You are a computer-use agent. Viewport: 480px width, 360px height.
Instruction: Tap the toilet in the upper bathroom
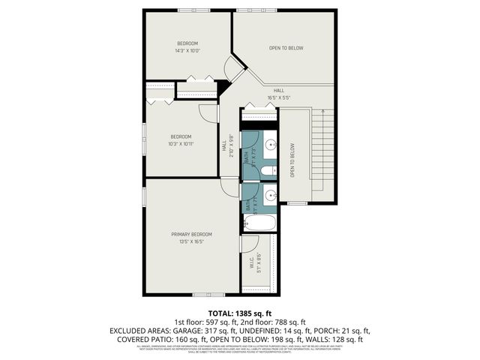point(268,172)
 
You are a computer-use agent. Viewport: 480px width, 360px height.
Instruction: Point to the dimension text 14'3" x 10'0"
point(187,52)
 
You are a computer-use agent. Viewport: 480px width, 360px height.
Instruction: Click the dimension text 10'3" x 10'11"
point(181,143)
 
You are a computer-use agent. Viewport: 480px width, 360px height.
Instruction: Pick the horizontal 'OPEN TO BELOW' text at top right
point(286,48)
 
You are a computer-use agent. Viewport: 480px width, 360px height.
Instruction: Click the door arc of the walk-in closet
point(250,241)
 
